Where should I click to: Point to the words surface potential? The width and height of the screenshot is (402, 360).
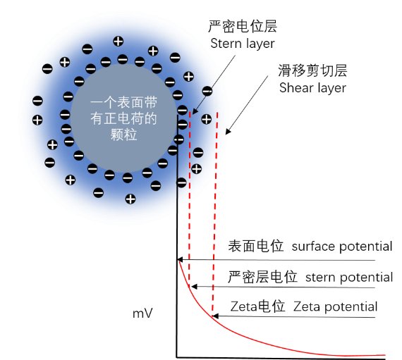point(341,247)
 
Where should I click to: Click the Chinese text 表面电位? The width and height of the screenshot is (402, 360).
point(255,247)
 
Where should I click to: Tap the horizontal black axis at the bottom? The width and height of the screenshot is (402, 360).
point(282,358)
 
